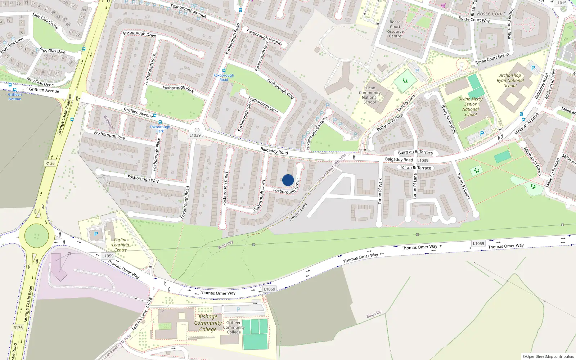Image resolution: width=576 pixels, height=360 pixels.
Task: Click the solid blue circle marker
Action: click(288, 180)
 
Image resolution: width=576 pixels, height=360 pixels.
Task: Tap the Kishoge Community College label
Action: click(208, 323)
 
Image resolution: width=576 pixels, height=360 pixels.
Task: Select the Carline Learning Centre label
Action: click(120, 245)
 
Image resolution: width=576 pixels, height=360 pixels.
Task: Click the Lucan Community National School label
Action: click(370, 95)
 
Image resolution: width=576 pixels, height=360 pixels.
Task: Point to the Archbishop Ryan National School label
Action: click(510, 81)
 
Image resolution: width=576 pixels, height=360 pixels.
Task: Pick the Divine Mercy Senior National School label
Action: click(471, 107)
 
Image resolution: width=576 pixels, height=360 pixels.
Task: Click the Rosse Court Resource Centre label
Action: click(395, 29)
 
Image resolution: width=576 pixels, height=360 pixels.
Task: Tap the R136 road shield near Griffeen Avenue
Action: click(50, 163)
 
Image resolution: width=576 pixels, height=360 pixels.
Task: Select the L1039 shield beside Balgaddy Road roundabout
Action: click(195, 135)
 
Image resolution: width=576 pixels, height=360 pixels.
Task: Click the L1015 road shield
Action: click(561, 3)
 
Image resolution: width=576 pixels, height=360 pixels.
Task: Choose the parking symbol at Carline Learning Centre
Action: click(96, 234)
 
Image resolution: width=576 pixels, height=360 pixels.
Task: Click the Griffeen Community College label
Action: click(234, 327)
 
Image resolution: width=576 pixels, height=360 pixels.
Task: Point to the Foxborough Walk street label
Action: click(281, 89)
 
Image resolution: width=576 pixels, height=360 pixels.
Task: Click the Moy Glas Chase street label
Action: click(45, 21)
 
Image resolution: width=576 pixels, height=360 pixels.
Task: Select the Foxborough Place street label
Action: click(156, 154)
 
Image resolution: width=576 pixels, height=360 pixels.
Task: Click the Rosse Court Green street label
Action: click(492, 59)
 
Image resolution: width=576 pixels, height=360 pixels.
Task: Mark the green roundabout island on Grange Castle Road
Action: click(36, 236)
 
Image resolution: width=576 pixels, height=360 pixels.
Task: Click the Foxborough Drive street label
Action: click(139, 34)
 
